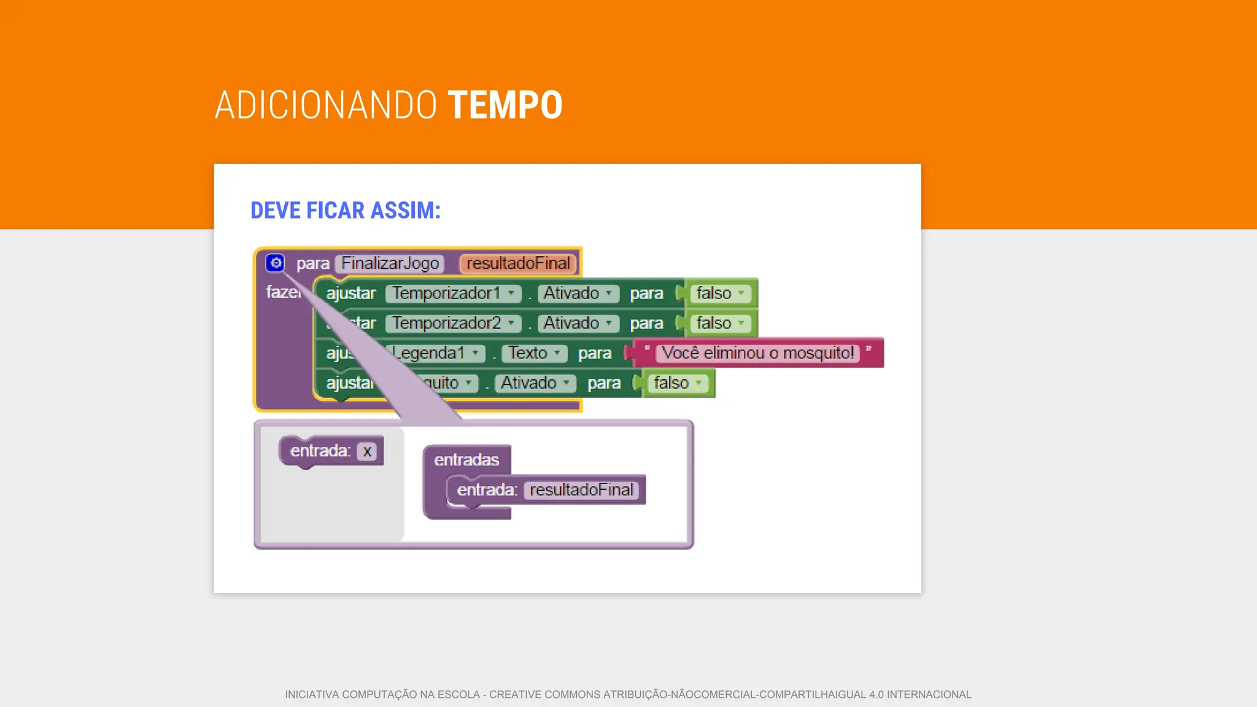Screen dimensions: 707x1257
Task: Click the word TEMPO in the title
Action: pyautogui.click(x=505, y=105)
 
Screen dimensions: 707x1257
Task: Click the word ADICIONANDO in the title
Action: pyautogui.click(x=325, y=105)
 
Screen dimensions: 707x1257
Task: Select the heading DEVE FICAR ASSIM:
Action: pyautogui.click(x=346, y=211)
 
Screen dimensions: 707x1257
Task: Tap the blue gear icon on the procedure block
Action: pyautogui.click(x=276, y=263)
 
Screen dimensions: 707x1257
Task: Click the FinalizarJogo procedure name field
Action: pyautogui.click(x=390, y=263)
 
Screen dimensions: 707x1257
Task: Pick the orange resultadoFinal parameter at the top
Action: pyautogui.click(x=517, y=263)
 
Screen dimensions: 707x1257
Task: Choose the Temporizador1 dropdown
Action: pyautogui.click(x=453, y=293)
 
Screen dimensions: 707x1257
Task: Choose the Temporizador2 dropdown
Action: pyautogui.click(x=453, y=323)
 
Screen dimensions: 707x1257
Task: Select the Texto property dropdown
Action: pyautogui.click(x=533, y=353)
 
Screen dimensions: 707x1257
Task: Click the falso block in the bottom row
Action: pyautogui.click(x=677, y=384)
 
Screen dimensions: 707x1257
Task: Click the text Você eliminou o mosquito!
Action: pyautogui.click(x=757, y=353)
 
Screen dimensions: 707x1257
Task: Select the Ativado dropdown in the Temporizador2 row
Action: pyautogui.click(x=577, y=323)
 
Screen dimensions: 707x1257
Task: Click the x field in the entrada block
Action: pyautogui.click(x=367, y=452)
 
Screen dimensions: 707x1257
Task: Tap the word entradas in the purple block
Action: pyautogui.click(x=466, y=460)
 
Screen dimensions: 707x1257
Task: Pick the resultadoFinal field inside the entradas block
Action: pyautogui.click(x=581, y=490)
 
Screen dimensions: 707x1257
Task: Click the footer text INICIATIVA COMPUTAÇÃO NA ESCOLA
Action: pyautogui.click(x=382, y=695)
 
